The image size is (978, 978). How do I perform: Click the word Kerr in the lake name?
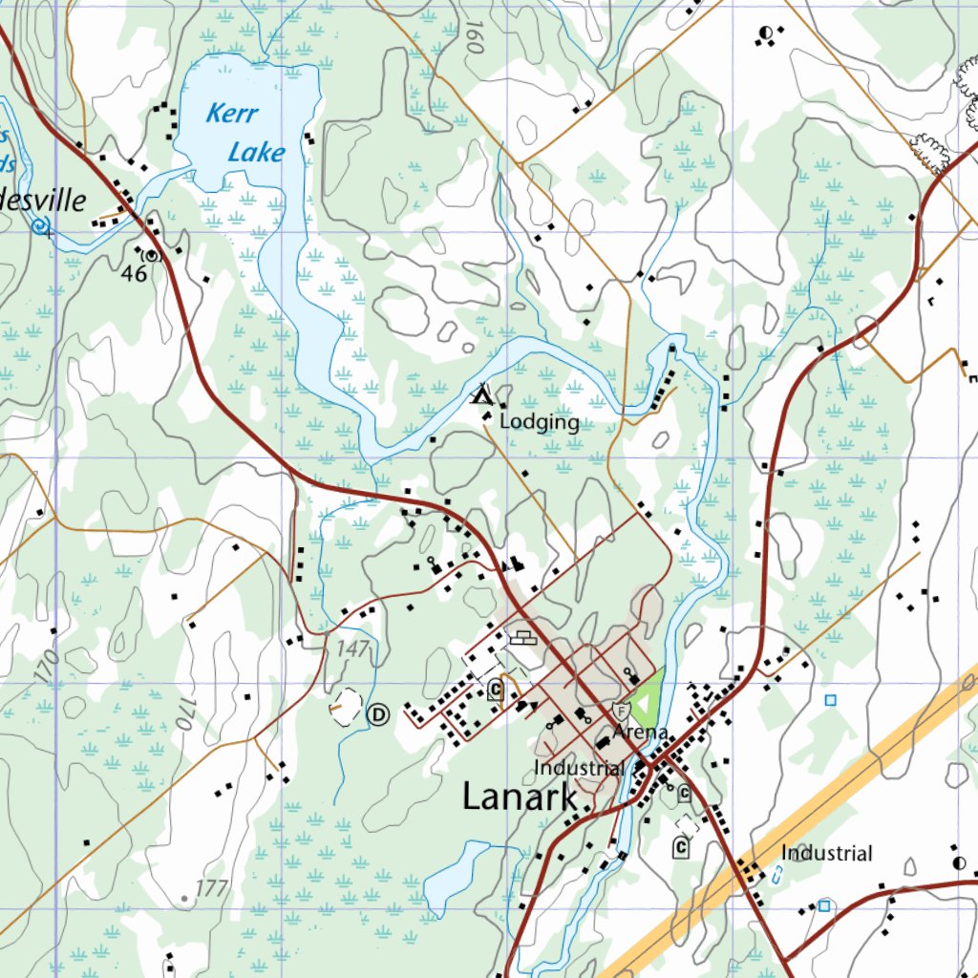[232, 115]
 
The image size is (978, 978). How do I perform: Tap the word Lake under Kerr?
[255, 152]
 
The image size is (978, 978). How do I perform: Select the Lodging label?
[540, 422]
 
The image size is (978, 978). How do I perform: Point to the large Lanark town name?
[520, 797]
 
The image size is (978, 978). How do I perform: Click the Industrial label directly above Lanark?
[579, 768]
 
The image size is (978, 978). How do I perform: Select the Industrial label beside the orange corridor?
[827, 853]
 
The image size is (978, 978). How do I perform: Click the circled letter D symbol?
[379, 712]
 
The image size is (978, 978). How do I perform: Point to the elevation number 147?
[352, 648]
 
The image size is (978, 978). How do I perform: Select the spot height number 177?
[212, 889]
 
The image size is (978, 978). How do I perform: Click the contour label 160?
[467, 37]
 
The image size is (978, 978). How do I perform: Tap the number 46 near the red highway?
[135, 274]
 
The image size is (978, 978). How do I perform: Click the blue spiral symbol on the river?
[39, 226]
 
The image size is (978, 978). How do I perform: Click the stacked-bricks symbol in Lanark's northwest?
[521, 637]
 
